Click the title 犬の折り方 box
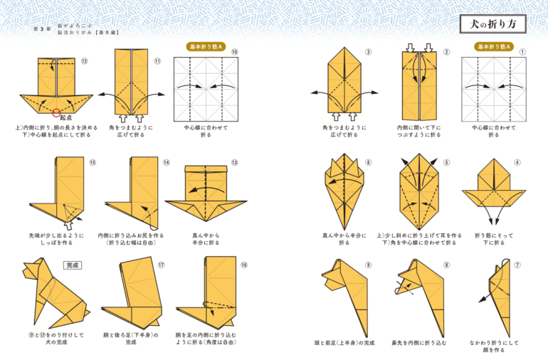pos(492,24)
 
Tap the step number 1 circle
pos(522,51)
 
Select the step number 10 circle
pos(235,51)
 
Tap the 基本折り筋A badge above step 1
pos(493,46)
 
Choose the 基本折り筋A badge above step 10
pos(206,46)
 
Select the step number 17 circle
pos(162,265)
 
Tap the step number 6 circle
pos(368,162)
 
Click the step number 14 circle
pos(166,162)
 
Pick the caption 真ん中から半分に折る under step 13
pos(206,238)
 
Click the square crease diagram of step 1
pos(493,88)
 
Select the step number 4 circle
pos(517,162)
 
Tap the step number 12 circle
pos(84,61)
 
